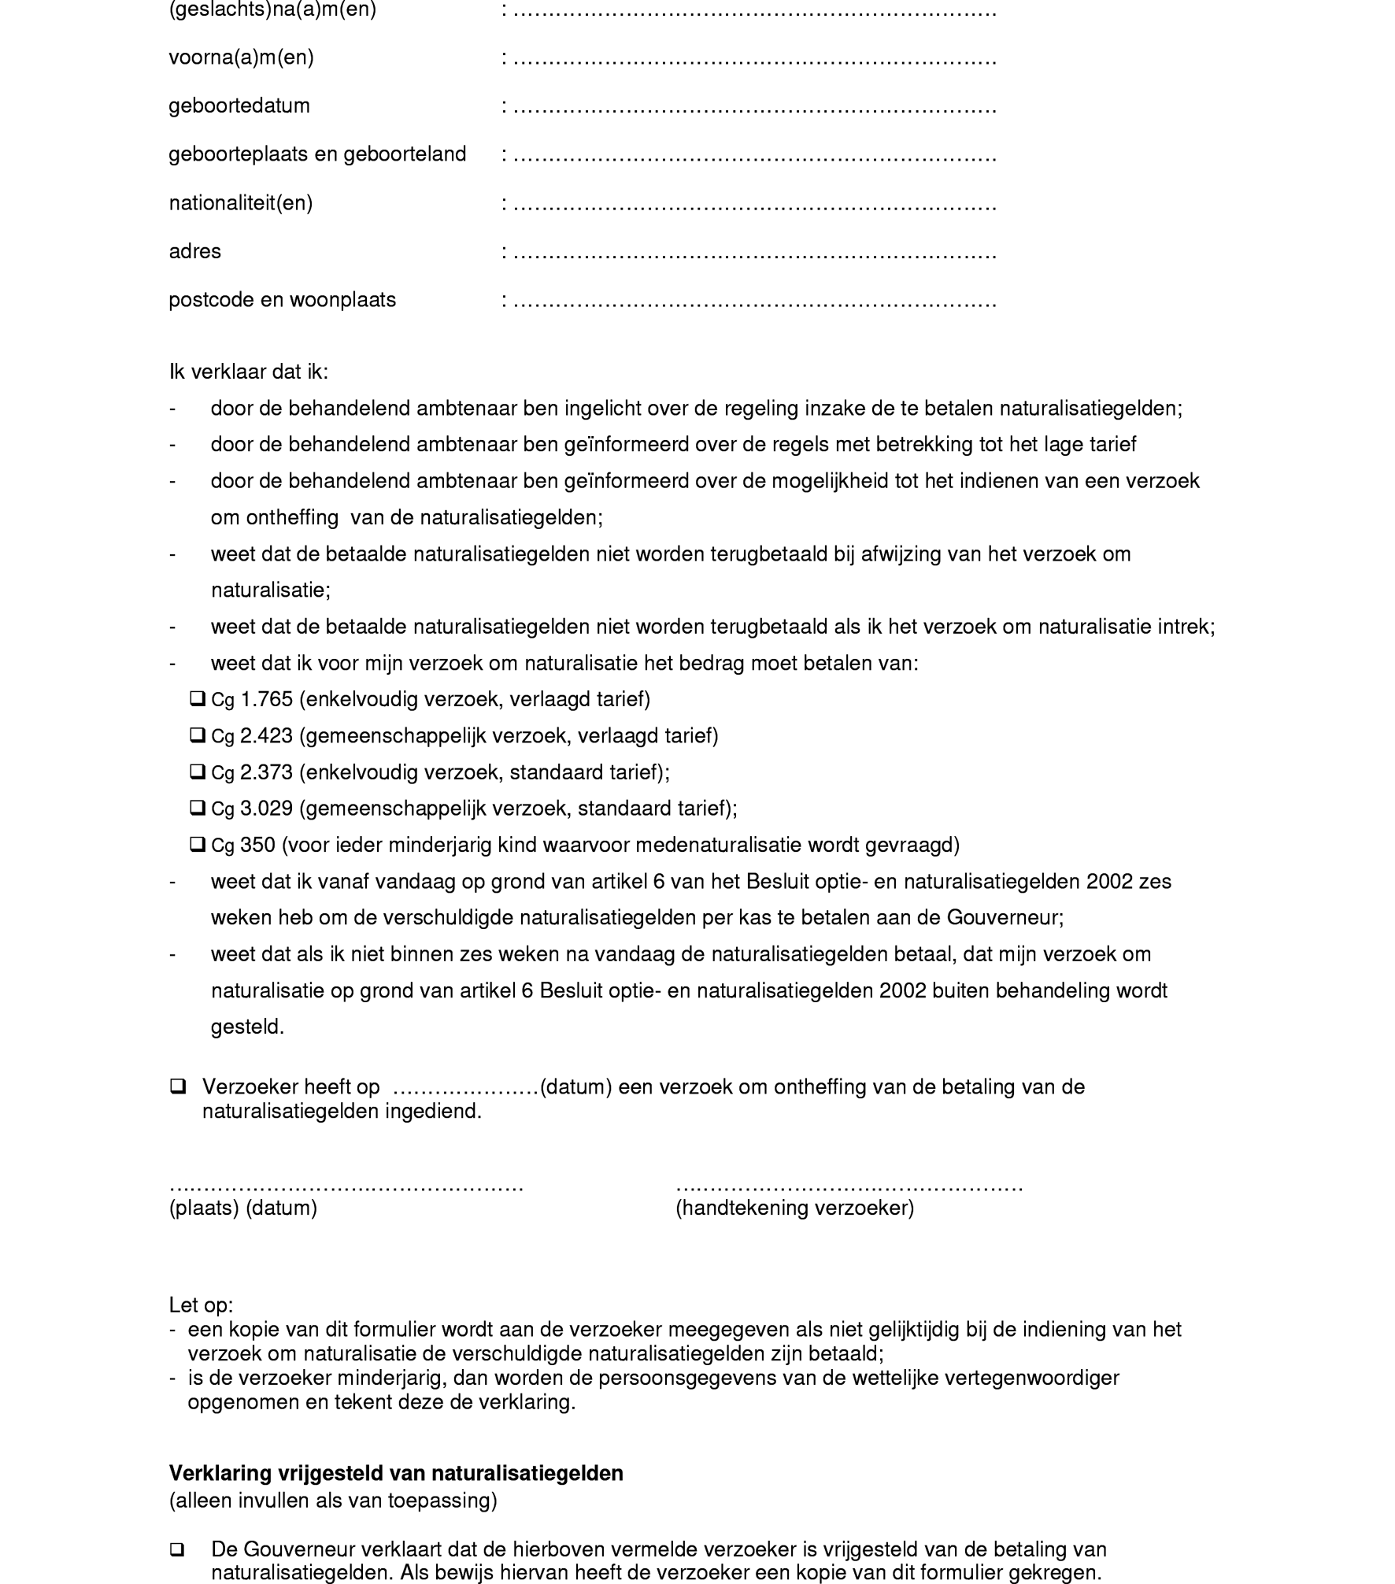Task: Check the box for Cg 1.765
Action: point(198,698)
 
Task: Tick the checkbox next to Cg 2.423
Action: point(198,735)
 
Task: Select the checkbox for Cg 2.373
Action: point(198,772)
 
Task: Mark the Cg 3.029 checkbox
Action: point(198,808)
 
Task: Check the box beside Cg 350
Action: point(198,844)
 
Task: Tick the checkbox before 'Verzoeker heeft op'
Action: point(178,1087)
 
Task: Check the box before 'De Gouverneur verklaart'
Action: point(178,1550)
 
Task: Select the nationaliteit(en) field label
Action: point(241,203)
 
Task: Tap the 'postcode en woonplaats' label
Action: point(282,300)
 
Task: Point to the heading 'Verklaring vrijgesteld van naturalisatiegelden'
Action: point(396,1473)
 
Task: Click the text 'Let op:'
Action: point(201,1305)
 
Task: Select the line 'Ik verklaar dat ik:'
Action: point(248,372)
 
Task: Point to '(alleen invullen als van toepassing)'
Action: point(333,1501)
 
